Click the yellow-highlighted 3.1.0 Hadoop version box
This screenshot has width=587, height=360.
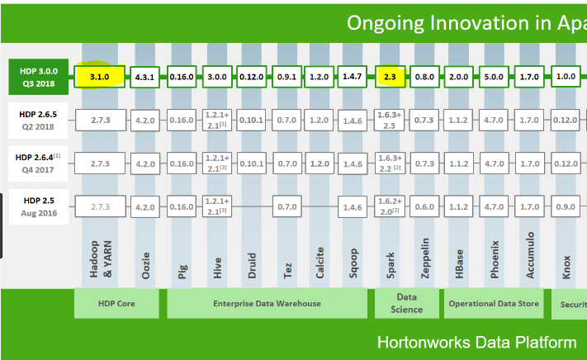point(99,77)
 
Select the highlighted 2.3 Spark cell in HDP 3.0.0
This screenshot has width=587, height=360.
point(390,77)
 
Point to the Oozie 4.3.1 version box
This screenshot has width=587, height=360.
point(145,77)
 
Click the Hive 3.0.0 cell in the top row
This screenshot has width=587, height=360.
point(217,77)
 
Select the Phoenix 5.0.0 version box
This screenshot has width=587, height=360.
point(493,77)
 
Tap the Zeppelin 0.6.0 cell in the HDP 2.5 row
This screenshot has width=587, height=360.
point(424,206)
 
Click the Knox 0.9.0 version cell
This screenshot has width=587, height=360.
point(566,206)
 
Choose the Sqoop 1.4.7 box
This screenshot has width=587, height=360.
point(352,77)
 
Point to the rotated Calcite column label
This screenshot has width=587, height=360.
point(320,261)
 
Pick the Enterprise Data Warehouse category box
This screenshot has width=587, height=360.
point(255,303)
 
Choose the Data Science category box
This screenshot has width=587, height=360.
point(407,303)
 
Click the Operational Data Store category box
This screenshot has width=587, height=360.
point(494,303)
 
